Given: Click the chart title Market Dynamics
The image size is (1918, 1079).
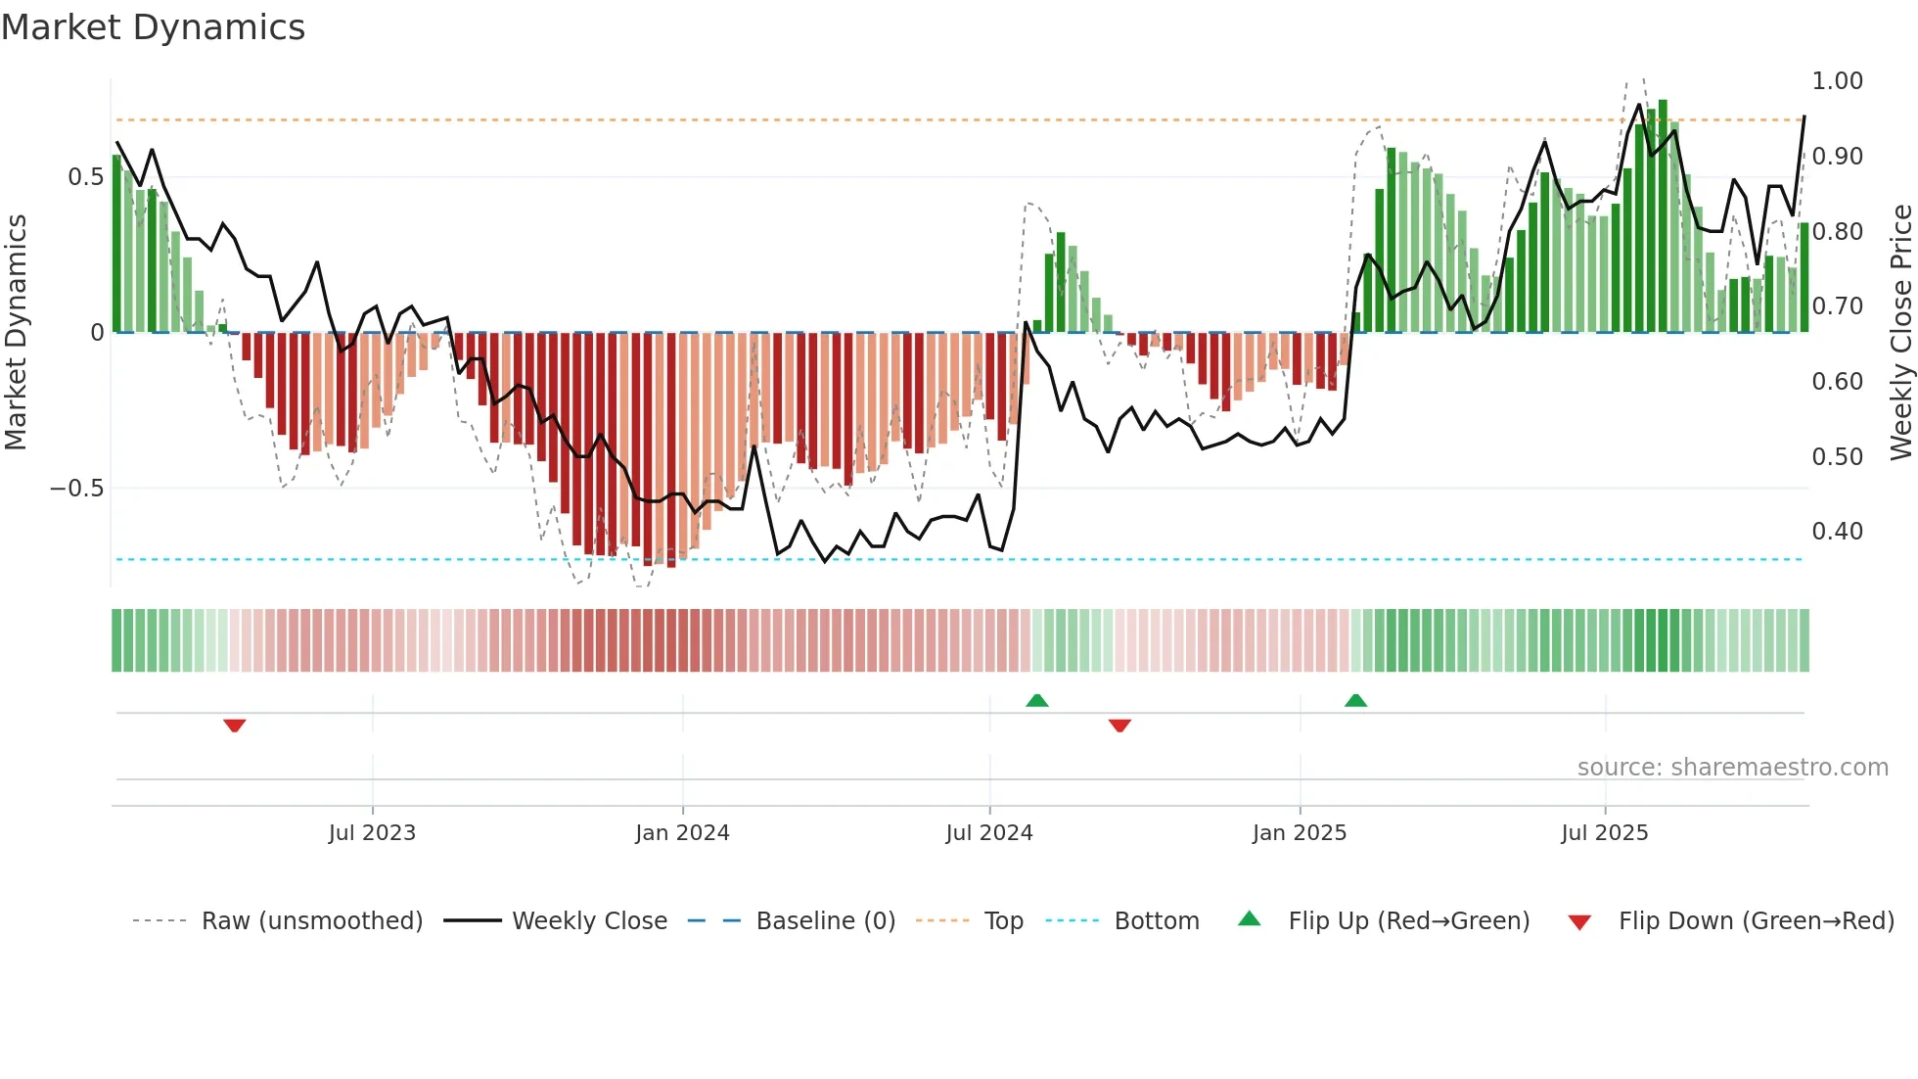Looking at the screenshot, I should pyautogui.click(x=154, y=27).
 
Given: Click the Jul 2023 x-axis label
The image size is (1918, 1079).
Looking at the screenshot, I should pyautogui.click(x=372, y=833).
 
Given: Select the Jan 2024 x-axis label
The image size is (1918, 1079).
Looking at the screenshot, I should pyautogui.click(x=682, y=833).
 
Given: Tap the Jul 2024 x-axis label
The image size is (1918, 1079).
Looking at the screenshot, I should pyautogui.click(x=989, y=833).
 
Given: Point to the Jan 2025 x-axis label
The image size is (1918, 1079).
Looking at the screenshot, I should pyautogui.click(x=1300, y=833).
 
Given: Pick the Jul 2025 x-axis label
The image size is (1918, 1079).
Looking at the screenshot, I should pyautogui.click(x=1605, y=833).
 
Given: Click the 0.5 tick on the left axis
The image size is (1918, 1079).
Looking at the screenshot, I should pyautogui.click(x=85, y=177).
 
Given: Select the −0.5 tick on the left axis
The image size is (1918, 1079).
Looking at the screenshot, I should pyautogui.click(x=77, y=489).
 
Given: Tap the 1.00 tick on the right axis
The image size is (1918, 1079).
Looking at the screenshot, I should pyautogui.click(x=1837, y=81).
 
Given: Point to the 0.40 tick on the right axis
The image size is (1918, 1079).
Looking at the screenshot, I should pyautogui.click(x=1837, y=532).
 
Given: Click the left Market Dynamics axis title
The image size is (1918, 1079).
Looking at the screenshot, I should pyautogui.click(x=16, y=333).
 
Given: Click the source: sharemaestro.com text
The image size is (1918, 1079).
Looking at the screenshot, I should pyautogui.click(x=1732, y=768).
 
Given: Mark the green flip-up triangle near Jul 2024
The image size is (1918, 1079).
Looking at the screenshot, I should pyautogui.click(x=1037, y=700).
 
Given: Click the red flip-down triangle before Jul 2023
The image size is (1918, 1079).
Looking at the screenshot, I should pyautogui.click(x=235, y=726).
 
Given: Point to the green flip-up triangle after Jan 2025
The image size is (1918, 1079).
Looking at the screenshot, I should pyautogui.click(x=1355, y=700).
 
